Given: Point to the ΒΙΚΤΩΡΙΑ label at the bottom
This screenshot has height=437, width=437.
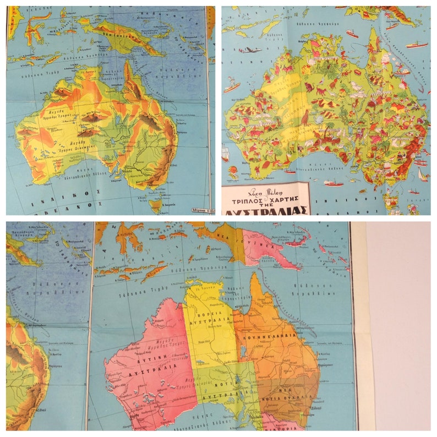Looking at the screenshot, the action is [x=281, y=426].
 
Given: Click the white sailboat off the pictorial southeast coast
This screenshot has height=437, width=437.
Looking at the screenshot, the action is [x=422, y=176].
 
